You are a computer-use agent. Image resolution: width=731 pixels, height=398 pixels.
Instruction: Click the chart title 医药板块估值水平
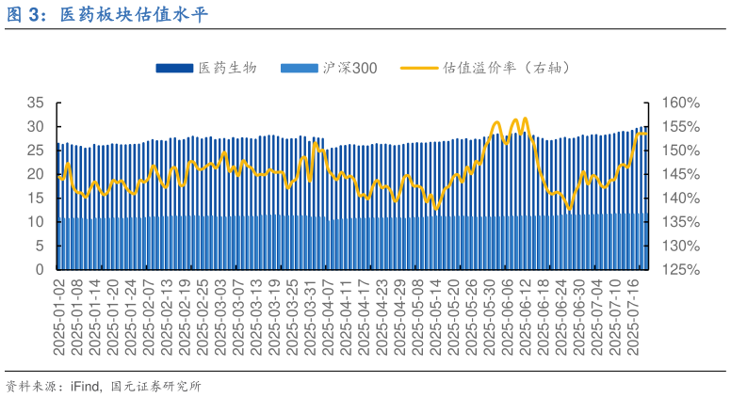coord(134,15)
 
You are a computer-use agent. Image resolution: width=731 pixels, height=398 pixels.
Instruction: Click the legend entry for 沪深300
coord(349,68)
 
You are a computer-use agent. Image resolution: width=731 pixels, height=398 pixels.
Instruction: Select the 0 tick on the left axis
coord(40,270)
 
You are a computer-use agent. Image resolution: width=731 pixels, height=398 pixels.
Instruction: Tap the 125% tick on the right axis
coord(679,270)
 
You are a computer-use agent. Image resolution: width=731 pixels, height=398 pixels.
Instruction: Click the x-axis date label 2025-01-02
coord(58,317)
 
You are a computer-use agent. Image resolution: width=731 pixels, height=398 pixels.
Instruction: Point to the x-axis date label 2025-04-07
coord(329,317)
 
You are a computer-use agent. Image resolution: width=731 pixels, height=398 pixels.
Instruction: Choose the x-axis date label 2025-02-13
coord(167,317)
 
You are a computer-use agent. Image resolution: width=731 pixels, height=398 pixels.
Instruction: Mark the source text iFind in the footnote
coord(86,386)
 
